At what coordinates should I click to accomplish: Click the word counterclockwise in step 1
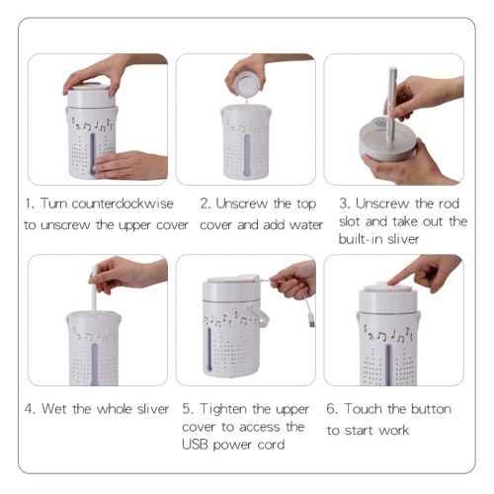click(123, 204)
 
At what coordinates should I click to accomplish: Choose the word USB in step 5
click(195, 445)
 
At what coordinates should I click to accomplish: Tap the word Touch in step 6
click(364, 409)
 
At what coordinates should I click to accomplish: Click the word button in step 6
click(431, 409)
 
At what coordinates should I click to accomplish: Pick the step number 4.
click(30, 409)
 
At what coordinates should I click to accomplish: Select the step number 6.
click(332, 409)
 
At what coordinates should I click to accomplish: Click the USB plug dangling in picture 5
click(311, 321)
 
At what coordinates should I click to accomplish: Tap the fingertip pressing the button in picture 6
click(392, 282)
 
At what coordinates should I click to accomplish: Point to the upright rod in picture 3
click(391, 107)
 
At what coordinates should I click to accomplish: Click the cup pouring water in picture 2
click(245, 84)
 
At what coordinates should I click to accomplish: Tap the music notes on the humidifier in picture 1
click(93, 125)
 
